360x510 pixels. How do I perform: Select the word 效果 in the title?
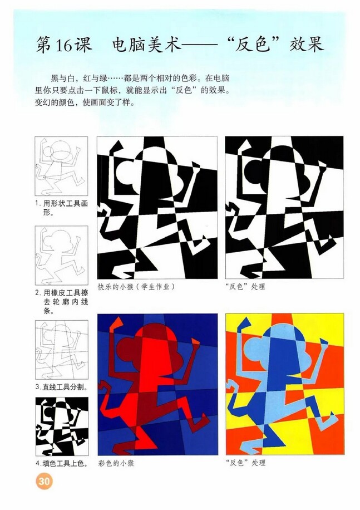coord(305,44)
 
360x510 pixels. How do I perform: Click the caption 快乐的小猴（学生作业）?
coord(136,287)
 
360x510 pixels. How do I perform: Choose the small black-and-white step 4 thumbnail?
coord(61,426)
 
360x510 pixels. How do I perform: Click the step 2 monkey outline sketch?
coord(61,256)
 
